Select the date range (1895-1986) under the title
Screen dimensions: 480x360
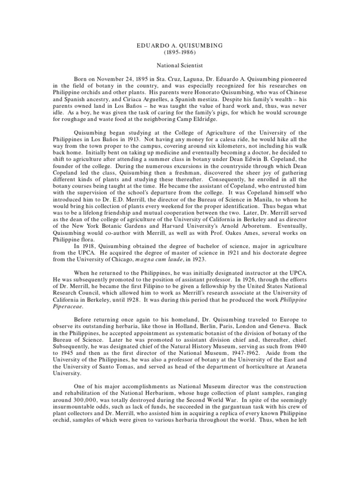180,54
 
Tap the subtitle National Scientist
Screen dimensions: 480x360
180,67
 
